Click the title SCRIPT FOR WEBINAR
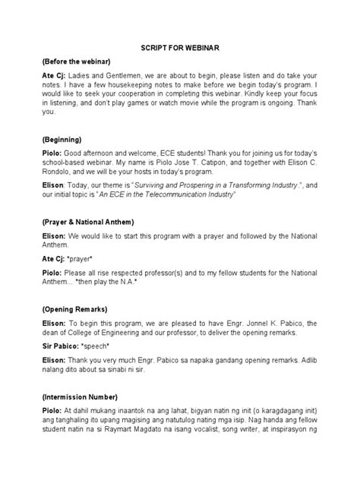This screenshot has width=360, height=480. pyautogui.click(x=180, y=48)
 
